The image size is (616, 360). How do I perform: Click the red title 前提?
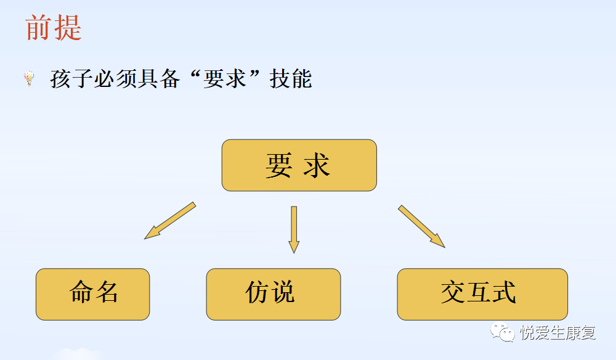pyautogui.click(x=54, y=28)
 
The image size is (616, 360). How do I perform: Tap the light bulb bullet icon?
pyautogui.click(x=29, y=78)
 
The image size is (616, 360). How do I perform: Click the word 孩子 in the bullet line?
pyautogui.click(x=71, y=79)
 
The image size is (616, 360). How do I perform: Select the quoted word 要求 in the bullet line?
pyautogui.click(x=225, y=79)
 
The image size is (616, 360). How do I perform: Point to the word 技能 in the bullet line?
pyautogui.click(x=291, y=79)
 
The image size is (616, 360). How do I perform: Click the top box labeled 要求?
pyautogui.click(x=299, y=165)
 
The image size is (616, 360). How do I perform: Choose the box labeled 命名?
pyautogui.click(x=93, y=294)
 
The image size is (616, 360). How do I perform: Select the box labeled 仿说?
pyautogui.click(x=274, y=294)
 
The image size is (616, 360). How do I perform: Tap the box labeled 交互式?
pyautogui.click(x=482, y=294)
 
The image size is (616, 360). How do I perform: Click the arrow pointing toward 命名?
pyautogui.click(x=170, y=221)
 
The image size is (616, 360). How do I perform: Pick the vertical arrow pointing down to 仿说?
pyautogui.click(x=294, y=229)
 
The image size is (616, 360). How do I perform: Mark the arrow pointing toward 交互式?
pyautogui.click(x=421, y=226)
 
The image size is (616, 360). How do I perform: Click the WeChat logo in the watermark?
pyautogui.click(x=502, y=332)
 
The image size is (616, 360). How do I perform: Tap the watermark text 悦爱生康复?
pyautogui.click(x=558, y=333)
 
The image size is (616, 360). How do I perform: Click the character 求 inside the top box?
pyautogui.click(x=316, y=165)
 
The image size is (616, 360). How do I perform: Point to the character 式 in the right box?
pyautogui.click(x=504, y=292)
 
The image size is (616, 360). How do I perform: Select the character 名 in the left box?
pyautogui.click(x=107, y=292)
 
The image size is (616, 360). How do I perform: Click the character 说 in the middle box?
pyautogui.click(x=283, y=292)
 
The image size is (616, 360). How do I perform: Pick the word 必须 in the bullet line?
pyautogui.click(x=115, y=79)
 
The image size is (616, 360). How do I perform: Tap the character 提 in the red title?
pyautogui.click(x=68, y=28)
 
